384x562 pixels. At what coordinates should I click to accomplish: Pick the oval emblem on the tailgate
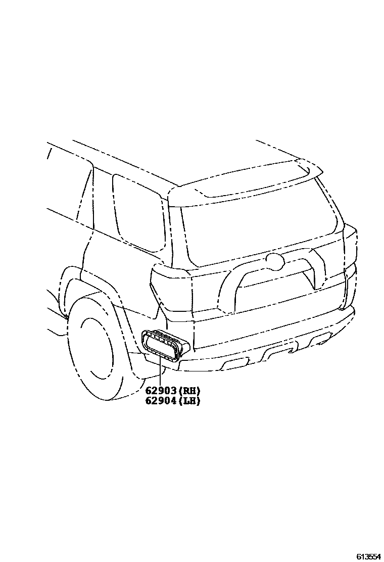[x=274, y=261]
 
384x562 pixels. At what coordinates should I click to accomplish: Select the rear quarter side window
[x=137, y=212]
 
